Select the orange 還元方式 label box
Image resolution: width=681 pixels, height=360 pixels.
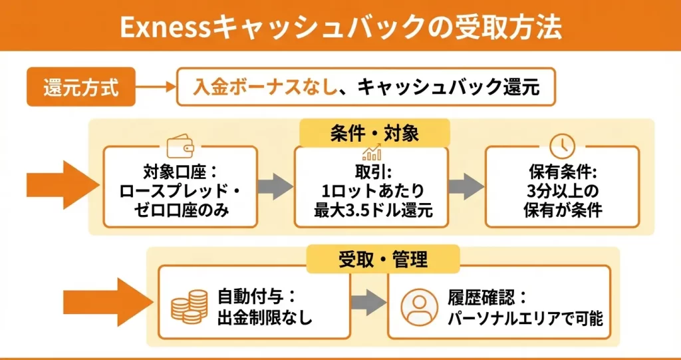coord(80,87)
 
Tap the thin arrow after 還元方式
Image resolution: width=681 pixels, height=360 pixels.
coord(156,87)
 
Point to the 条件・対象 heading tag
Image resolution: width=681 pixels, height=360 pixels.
coord(374,133)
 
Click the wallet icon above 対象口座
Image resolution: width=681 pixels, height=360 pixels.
coord(180,146)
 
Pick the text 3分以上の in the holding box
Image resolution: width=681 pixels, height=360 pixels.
coord(562,192)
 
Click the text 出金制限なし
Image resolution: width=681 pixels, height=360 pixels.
coord(265,317)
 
